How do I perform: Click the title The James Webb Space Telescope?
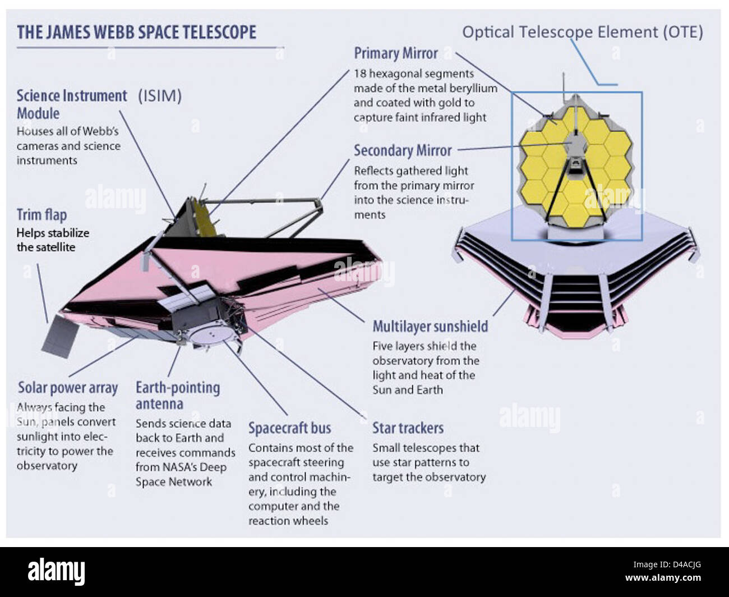pyautogui.click(x=136, y=32)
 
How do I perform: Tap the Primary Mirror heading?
pyautogui.click(x=395, y=53)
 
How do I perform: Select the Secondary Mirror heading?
pyautogui.click(x=402, y=150)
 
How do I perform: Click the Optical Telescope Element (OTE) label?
pyautogui.click(x=582, y=32)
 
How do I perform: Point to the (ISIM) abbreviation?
pyautogui.click(x=160, y=96)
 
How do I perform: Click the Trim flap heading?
pyautogui.click(x=41, y=215)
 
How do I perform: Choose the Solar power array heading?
pyautogui.click(x=68, y=388)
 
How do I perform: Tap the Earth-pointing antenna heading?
pyautogui.click(x=177, y=395)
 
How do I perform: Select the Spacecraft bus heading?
pyautogui.click(x=289, y=428)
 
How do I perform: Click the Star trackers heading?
pyautogui.click(x=408, y=428)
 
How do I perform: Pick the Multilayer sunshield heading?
pyautogui.click(x=430, y=327)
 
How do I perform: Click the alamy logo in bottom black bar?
pyautogui.click(x=56, y=572)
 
